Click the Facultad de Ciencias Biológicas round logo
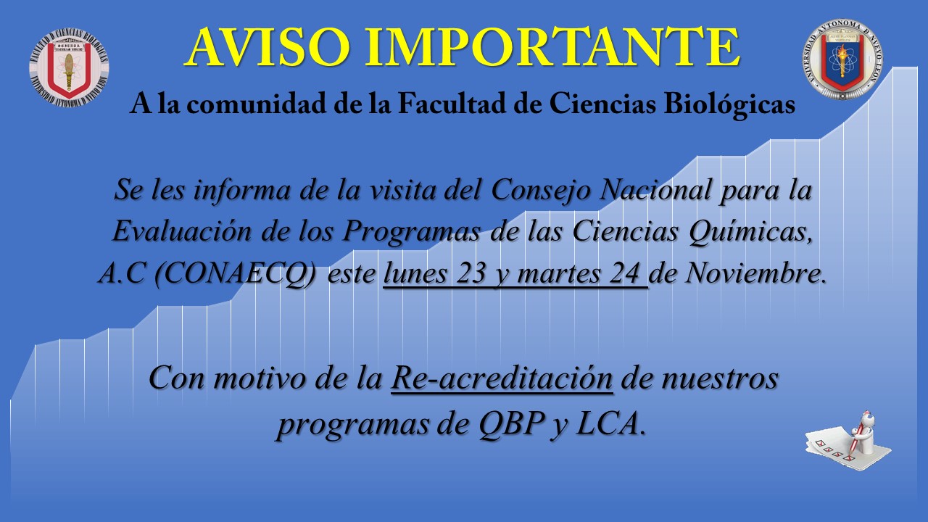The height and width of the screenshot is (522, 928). pos(69,67)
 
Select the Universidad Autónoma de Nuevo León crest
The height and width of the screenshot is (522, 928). pos(842,59)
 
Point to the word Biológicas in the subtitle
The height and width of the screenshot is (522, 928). pos(729,104)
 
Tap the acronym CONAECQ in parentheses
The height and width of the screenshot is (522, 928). pos(236,273)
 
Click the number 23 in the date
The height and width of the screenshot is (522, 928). pos(471,273)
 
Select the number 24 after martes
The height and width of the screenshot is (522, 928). pos(625,273)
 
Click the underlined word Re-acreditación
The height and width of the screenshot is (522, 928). pos(502,378)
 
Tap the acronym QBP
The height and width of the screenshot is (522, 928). pos(511,424)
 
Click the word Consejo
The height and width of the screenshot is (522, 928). pos(541,191)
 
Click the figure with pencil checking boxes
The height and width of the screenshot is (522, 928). pos(848,442)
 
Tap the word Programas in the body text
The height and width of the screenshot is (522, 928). pos(411,232)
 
